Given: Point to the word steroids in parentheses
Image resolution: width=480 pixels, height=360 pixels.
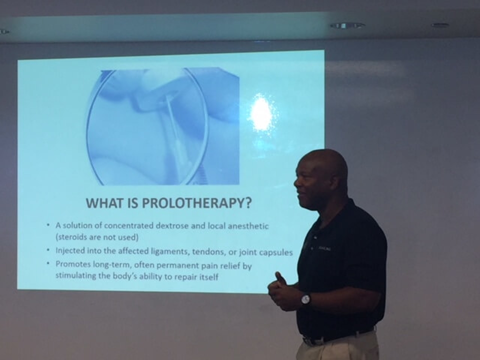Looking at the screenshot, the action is tap(72, 237).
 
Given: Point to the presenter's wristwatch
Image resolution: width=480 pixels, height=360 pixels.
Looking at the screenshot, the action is tap(305, 299).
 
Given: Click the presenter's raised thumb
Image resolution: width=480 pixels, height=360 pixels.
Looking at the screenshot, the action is tap(279, 277).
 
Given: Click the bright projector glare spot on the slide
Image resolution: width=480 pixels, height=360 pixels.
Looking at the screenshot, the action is tap(261, 112).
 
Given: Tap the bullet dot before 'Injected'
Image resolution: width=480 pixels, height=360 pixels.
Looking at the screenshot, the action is tap(48, 250).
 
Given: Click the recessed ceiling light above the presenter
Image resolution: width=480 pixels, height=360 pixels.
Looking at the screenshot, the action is tap(347, 25).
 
